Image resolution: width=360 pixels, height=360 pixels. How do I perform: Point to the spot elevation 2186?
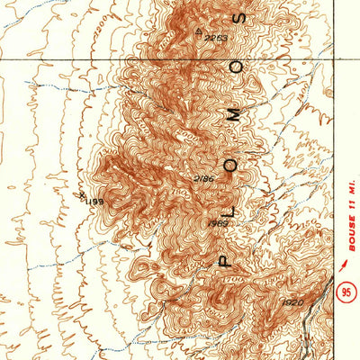pyautogui.click(x=204, y=180)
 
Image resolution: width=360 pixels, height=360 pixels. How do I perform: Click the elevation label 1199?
pyautogui.click(x=94, y=202)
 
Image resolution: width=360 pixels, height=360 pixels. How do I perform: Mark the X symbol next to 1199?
pyautogui.click(x=81, y=193)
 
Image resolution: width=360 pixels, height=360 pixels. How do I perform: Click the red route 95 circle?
pyautogui.click(x=346, y=292)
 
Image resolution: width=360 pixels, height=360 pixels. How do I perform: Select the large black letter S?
pyautogui.click(x=238, y=18)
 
